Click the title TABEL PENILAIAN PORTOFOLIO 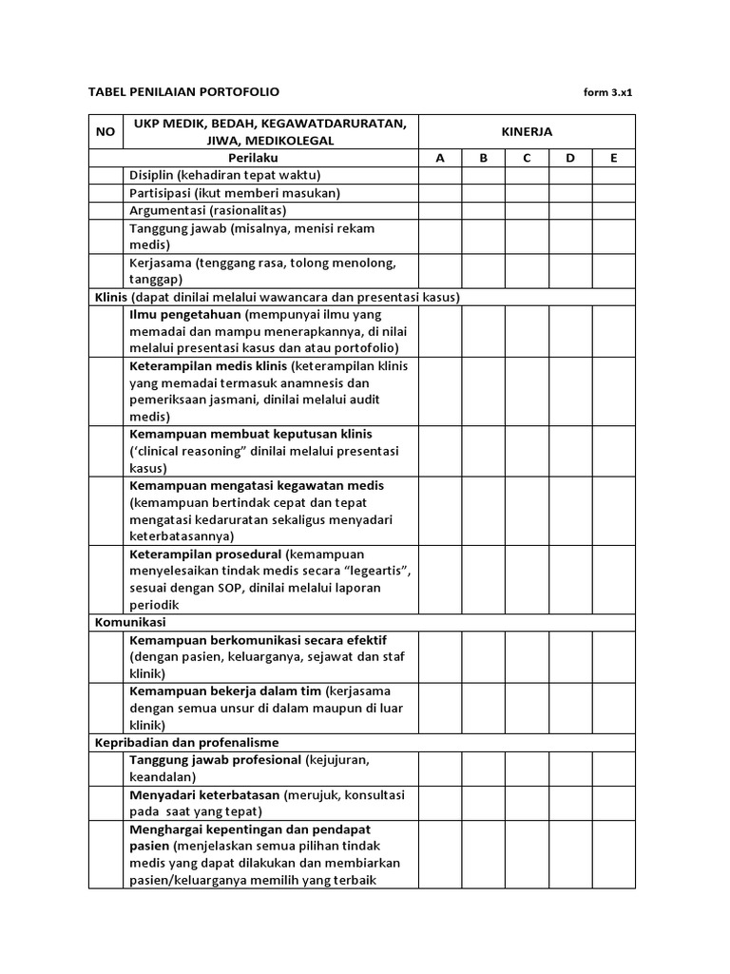pos(183,92)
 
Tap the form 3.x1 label pos(607,93)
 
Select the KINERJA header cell pos(527,132)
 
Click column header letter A pos(440,158)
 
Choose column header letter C pos(527,158)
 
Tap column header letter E pos(614,158)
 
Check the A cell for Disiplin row pos(440,175)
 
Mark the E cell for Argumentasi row pos(614,210)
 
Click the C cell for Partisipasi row pos(527,192)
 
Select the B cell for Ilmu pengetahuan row pos(484,330)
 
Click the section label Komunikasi pos(129,622)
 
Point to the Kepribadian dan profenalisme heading pos(185,742)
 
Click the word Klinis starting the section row pos(111,297)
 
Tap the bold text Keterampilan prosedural pos(206,554)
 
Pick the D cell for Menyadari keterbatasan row pos(570,803)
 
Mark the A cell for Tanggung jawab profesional pos(440,768)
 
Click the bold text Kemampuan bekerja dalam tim pos(226,691)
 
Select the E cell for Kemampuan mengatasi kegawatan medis pos(614,511)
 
